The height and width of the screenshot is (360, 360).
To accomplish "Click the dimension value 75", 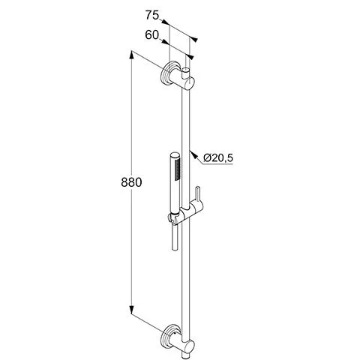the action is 152,15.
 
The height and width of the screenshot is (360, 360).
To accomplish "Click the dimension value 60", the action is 151,35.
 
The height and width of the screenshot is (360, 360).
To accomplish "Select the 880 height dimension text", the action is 131,182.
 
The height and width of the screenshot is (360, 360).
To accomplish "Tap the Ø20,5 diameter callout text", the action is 218,158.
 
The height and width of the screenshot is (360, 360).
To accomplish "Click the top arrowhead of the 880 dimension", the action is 132,55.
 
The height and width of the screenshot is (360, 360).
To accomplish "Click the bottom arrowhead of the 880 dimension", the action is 132,310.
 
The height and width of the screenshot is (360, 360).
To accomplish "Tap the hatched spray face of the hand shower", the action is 177,169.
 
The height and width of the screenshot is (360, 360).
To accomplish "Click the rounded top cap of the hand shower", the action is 174,154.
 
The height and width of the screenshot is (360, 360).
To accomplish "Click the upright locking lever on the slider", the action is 198,195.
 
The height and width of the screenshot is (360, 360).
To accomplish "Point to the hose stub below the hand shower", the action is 175,237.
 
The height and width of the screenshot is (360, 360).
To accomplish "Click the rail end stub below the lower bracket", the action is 186,355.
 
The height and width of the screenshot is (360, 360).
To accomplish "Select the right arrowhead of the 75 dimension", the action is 193,39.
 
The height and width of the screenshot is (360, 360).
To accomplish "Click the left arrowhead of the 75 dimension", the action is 165,22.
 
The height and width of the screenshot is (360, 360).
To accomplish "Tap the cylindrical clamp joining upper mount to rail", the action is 186,82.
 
